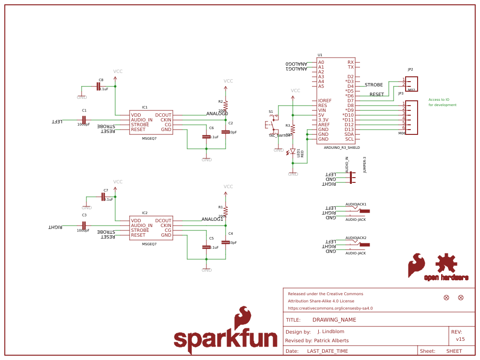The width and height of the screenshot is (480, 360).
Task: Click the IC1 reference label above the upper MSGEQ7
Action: pos(144,108)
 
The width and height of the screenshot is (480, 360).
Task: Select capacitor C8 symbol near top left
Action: pos(98,86)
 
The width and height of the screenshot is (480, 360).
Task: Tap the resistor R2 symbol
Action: pos(226,106)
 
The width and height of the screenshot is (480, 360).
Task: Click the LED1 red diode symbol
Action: pos(292,151)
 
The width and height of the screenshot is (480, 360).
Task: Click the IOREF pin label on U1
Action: pos(324,101)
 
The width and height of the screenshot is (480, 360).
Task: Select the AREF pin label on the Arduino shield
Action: pos(324,125)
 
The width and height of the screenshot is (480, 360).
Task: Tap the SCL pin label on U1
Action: pos(349,139)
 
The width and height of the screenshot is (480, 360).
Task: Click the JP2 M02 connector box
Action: pos(411,84)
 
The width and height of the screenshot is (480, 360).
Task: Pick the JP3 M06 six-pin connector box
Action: pos(411,117)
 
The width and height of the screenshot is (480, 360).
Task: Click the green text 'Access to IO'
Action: pos(439,99)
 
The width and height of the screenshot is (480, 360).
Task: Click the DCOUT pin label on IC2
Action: pos(163,221)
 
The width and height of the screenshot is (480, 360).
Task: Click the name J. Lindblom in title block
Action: pos(331,332)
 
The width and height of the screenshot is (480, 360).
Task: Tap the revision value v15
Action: pos(460,339)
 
